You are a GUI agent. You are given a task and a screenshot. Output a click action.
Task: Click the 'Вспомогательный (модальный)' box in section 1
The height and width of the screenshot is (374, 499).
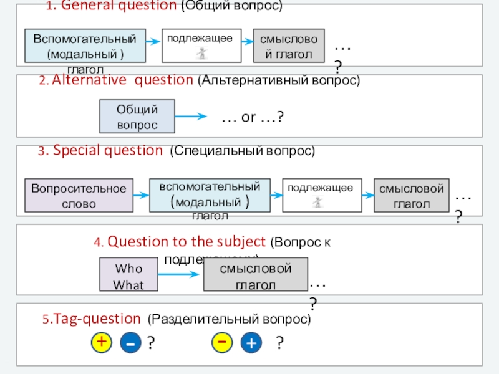85,46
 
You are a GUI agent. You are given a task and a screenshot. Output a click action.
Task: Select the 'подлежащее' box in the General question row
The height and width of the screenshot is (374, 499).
201,45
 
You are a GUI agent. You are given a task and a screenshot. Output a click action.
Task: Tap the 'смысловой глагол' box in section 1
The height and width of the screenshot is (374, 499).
289,46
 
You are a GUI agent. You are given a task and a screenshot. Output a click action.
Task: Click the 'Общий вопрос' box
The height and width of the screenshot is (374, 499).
137,117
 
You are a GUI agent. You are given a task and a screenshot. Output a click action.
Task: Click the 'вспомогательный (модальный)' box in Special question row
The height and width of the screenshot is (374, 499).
210,195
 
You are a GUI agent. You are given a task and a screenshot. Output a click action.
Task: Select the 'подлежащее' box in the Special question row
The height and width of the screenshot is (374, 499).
322,195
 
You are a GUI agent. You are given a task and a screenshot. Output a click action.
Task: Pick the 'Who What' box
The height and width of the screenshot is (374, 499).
129,276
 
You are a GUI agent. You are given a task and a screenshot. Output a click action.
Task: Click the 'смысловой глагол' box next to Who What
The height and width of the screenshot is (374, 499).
256,276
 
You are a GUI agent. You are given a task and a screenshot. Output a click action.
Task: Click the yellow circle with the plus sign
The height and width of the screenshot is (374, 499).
102,342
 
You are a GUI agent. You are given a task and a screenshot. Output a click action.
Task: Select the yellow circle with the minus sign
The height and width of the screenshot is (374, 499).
222,342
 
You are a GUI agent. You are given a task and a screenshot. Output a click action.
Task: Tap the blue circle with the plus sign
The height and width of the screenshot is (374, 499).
251,343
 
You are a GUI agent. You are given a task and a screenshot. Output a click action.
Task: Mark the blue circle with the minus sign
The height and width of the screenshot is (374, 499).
131,343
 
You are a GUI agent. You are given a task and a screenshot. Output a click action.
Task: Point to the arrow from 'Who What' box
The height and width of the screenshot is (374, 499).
182,276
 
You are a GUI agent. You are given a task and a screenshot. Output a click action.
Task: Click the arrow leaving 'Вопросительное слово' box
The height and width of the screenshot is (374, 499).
142,195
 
